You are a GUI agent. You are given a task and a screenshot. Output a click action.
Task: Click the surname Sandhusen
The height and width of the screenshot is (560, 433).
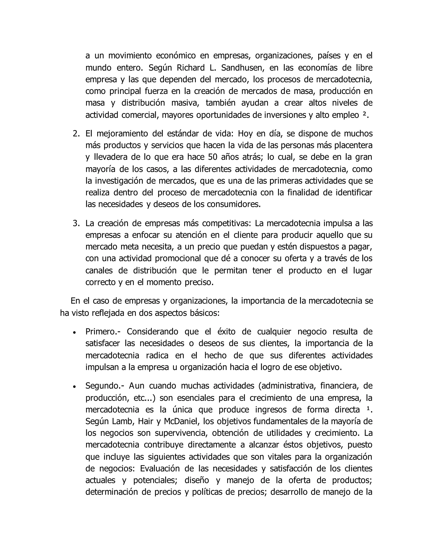click(x=240, y=68)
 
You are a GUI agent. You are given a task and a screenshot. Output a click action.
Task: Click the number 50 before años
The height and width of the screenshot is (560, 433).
click(x=213, y=157)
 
